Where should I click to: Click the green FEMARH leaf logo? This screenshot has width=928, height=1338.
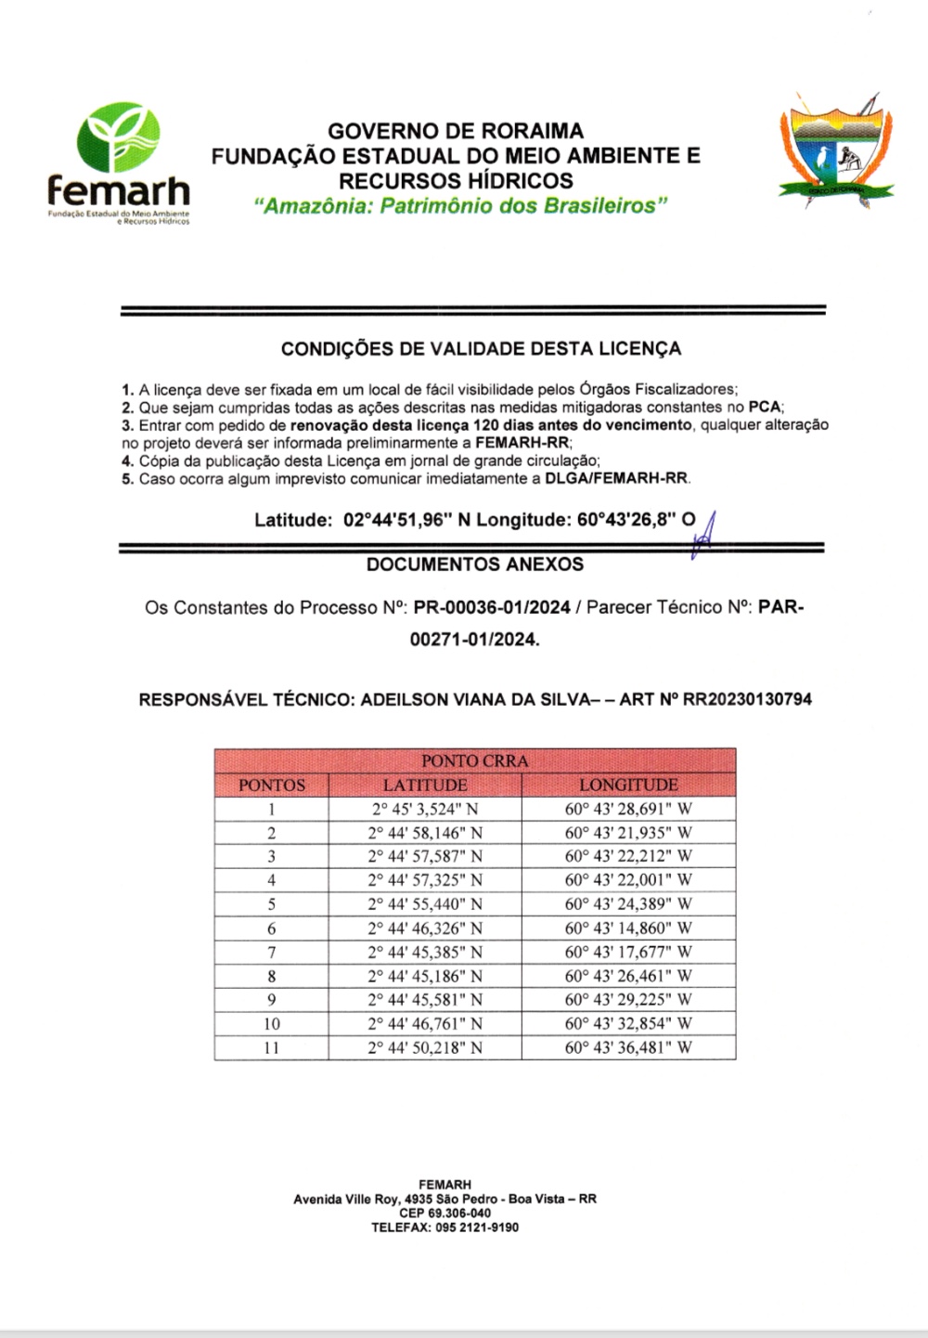click(x=118, y=138)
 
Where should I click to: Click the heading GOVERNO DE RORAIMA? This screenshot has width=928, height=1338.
click(x=456, y=131)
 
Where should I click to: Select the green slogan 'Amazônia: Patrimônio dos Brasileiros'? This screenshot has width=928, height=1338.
click(x=461, y=205)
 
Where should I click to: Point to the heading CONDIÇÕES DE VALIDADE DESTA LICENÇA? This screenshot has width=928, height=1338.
click(x=481, y=349)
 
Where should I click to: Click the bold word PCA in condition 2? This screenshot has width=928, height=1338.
click(x=765, y=407)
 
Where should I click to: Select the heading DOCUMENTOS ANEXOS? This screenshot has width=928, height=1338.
click(x=474, y=565)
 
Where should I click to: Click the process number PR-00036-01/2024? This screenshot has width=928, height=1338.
click(x=492, y=608)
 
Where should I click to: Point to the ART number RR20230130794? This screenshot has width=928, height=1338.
click(x=747, y=699)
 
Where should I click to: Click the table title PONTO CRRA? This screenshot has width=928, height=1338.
click(x=474, y=760)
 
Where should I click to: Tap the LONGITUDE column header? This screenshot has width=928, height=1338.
click(x=628, y=785)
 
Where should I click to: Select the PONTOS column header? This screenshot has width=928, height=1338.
click(x=272, y=785)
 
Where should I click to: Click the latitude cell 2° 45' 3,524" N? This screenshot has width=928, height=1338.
click(x=425, y=809)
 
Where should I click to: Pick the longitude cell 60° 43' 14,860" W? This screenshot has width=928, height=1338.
click(x=628, y=928)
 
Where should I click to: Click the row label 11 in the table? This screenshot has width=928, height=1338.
click(x=272, y=1047)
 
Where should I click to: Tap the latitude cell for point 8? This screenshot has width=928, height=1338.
click(x=425, y=976)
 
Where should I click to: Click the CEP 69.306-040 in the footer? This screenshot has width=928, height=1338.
click(x=445, y=1214)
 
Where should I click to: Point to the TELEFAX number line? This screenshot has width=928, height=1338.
click(x=445, y=1228)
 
